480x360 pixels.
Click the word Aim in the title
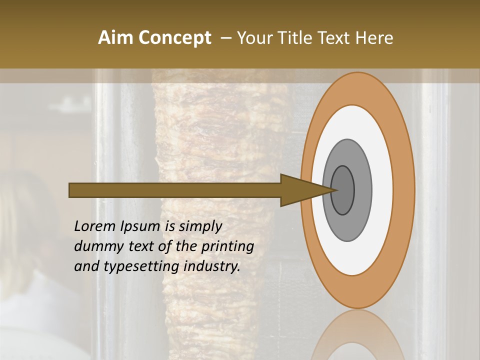[116, 38]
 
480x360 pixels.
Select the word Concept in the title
[175, 38]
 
